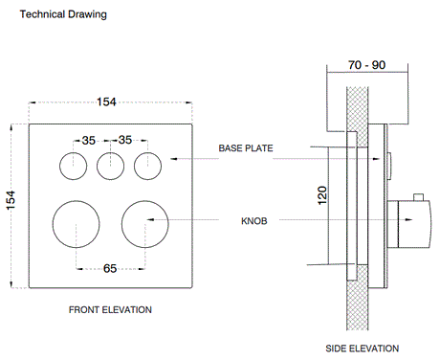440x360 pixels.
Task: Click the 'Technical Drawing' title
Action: [63, 14]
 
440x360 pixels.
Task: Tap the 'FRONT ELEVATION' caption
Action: [110, 309]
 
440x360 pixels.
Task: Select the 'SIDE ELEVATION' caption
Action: [363, 349]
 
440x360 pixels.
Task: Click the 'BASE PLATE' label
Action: [246, 148]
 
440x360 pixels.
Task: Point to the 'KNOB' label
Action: [254, 221]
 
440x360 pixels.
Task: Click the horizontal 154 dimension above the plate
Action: [106, 101]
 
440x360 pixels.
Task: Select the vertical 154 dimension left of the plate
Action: [11, 200]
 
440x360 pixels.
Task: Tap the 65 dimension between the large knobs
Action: [110, 268]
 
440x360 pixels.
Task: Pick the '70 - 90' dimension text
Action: [367, 65]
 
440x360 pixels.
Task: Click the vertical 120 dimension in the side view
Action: [322, 195]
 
